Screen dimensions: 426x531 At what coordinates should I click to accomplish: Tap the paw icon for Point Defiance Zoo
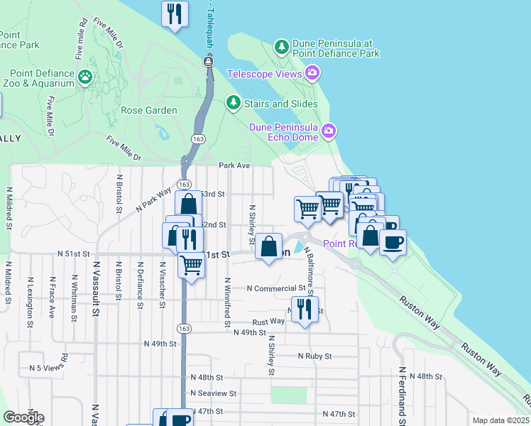point(86,75)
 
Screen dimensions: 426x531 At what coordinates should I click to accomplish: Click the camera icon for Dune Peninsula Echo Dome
point(329,130)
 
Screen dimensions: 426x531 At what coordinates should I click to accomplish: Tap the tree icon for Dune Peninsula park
point(282,47)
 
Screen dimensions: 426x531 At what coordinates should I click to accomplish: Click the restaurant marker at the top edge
point(174,13)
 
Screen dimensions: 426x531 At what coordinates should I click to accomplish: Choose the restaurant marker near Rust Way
point(305,309)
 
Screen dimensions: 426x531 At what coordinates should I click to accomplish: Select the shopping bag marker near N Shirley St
point(269,247)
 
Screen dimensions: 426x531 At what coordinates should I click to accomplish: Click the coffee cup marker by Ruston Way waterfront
point(393,243)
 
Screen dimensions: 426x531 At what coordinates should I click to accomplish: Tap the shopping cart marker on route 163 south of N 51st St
point(190,265)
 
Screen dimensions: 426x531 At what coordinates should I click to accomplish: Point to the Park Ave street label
point(235,165)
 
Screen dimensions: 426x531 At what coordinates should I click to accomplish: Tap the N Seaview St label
point(213,393)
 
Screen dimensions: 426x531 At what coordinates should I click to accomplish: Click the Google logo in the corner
point(23,417)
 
